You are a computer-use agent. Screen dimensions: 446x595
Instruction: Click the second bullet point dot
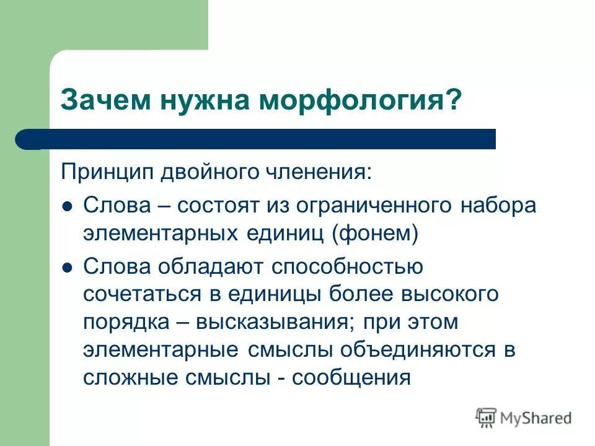click(69, 267)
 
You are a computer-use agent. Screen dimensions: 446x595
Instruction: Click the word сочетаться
click(142, 294)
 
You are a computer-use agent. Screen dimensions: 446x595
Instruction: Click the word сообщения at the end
click(352, 377)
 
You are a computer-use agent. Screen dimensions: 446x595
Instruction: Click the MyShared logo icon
click(486, 418)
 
